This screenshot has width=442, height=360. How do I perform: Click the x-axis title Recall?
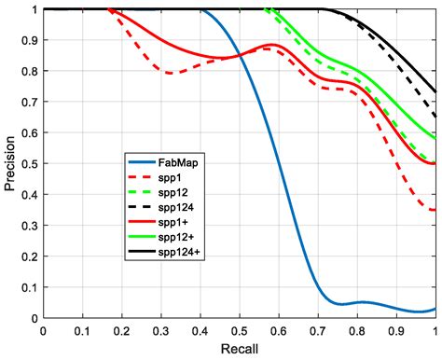(239, 349)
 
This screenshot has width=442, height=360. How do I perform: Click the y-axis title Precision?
(10, 164)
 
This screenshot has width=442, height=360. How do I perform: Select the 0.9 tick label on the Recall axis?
(396, 330)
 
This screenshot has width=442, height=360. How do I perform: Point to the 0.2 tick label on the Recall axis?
(121, 330)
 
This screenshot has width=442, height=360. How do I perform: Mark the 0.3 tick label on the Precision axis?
(30, 226)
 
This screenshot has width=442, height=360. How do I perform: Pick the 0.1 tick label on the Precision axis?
(30, 287)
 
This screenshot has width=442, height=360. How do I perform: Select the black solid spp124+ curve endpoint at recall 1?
(435, 91)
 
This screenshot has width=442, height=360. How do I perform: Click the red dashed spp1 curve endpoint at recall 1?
(435, 210)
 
